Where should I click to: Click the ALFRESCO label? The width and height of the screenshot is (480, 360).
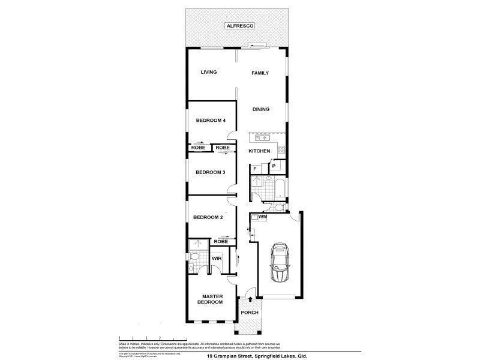click(x=240, y=26)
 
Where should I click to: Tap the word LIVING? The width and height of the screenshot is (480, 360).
click(x=208, y=73)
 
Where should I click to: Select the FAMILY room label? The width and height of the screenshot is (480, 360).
click(x=260, y=73)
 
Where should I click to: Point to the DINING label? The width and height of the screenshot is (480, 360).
click(x=261, y=109)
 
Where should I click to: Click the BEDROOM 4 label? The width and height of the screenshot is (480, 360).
click(x=211, y=121)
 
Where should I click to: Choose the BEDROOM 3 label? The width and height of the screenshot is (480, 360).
click(x=211, y=172)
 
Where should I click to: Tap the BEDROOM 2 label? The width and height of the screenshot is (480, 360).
click(x=208, y=217)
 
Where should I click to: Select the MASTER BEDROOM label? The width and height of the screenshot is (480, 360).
click(x=212, y=299)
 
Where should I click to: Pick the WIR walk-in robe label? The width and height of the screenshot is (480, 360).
click(x=217, y=259)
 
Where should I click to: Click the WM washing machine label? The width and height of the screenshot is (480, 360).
click(x=262, y=217)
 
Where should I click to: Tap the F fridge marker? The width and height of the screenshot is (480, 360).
click(x=255, y=169)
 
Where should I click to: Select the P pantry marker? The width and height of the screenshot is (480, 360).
click(x=274, y=166)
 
